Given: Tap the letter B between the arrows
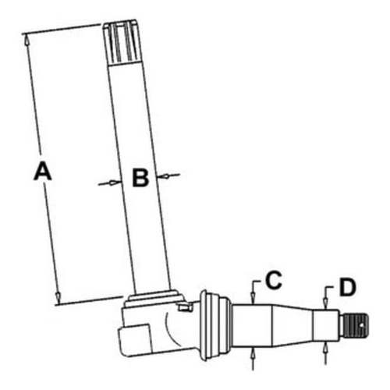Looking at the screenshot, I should [x=140, y=179].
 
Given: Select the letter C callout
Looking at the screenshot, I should [x=273, y=280].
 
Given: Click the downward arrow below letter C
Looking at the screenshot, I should [x=253, y=295].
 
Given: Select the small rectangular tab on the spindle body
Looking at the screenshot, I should [x=184, y=307].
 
